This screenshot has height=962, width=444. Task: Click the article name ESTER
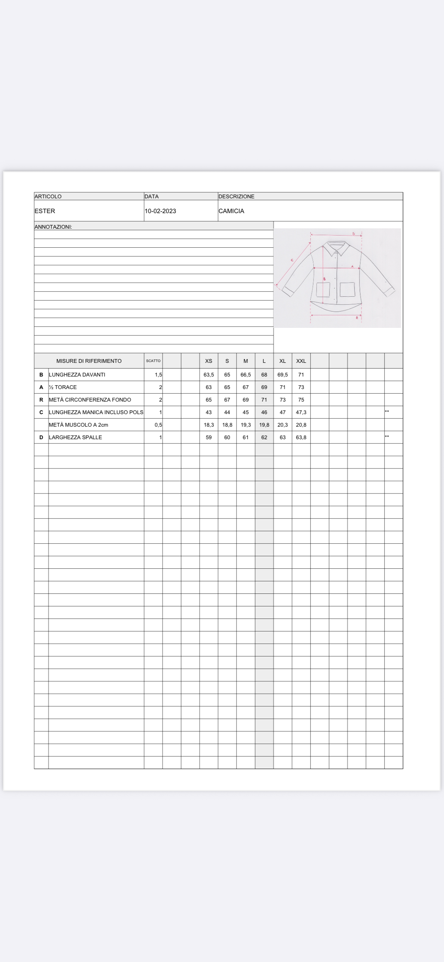click(45, 211)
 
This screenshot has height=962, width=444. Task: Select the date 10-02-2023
click(160, 211)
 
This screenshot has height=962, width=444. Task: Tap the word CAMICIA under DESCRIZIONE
click(231, 211)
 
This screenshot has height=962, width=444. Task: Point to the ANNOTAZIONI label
click(53, 227)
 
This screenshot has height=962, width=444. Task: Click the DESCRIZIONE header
click(236, 196)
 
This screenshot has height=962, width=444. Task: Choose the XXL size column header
click(301, 361)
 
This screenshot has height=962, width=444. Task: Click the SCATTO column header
click(153, 361)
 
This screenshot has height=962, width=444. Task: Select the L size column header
click(264, 361)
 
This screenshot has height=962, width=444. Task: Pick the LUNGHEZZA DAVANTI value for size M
click(246, 375)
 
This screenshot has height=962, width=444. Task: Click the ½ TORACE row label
click(63, 387)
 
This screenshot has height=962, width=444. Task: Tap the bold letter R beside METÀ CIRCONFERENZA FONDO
click(41, 400)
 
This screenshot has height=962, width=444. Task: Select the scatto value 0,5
click(158, 425)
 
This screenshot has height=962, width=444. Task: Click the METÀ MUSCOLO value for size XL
click(283, 425)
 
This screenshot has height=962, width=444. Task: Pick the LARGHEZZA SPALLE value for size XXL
click(301, 437)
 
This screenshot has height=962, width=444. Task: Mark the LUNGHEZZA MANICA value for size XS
click(209, 412)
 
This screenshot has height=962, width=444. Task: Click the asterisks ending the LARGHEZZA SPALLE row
click(387, 437)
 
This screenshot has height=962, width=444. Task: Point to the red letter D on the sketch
click(354, 234)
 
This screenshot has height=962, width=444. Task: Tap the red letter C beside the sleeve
click(292, 260)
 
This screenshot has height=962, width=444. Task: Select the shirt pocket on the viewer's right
click(347, 290)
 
